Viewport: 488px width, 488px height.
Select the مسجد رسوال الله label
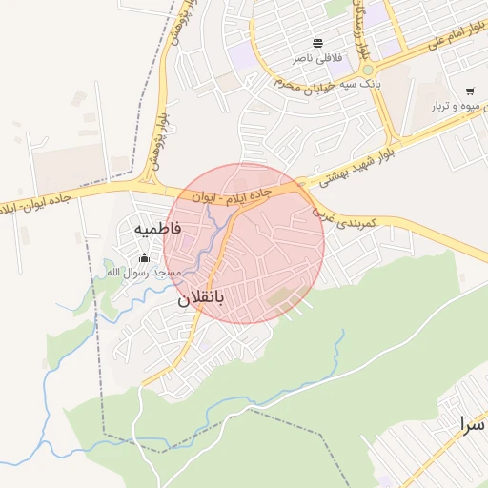click(142, 273)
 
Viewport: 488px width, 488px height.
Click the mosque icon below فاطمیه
click(145, 256)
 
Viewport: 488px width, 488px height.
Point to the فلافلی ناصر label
click(316, 59)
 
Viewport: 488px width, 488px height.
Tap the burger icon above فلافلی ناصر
click(316, 43)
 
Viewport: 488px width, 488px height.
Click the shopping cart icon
click(470, 91)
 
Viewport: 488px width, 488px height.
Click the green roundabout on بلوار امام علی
click(367, 71)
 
